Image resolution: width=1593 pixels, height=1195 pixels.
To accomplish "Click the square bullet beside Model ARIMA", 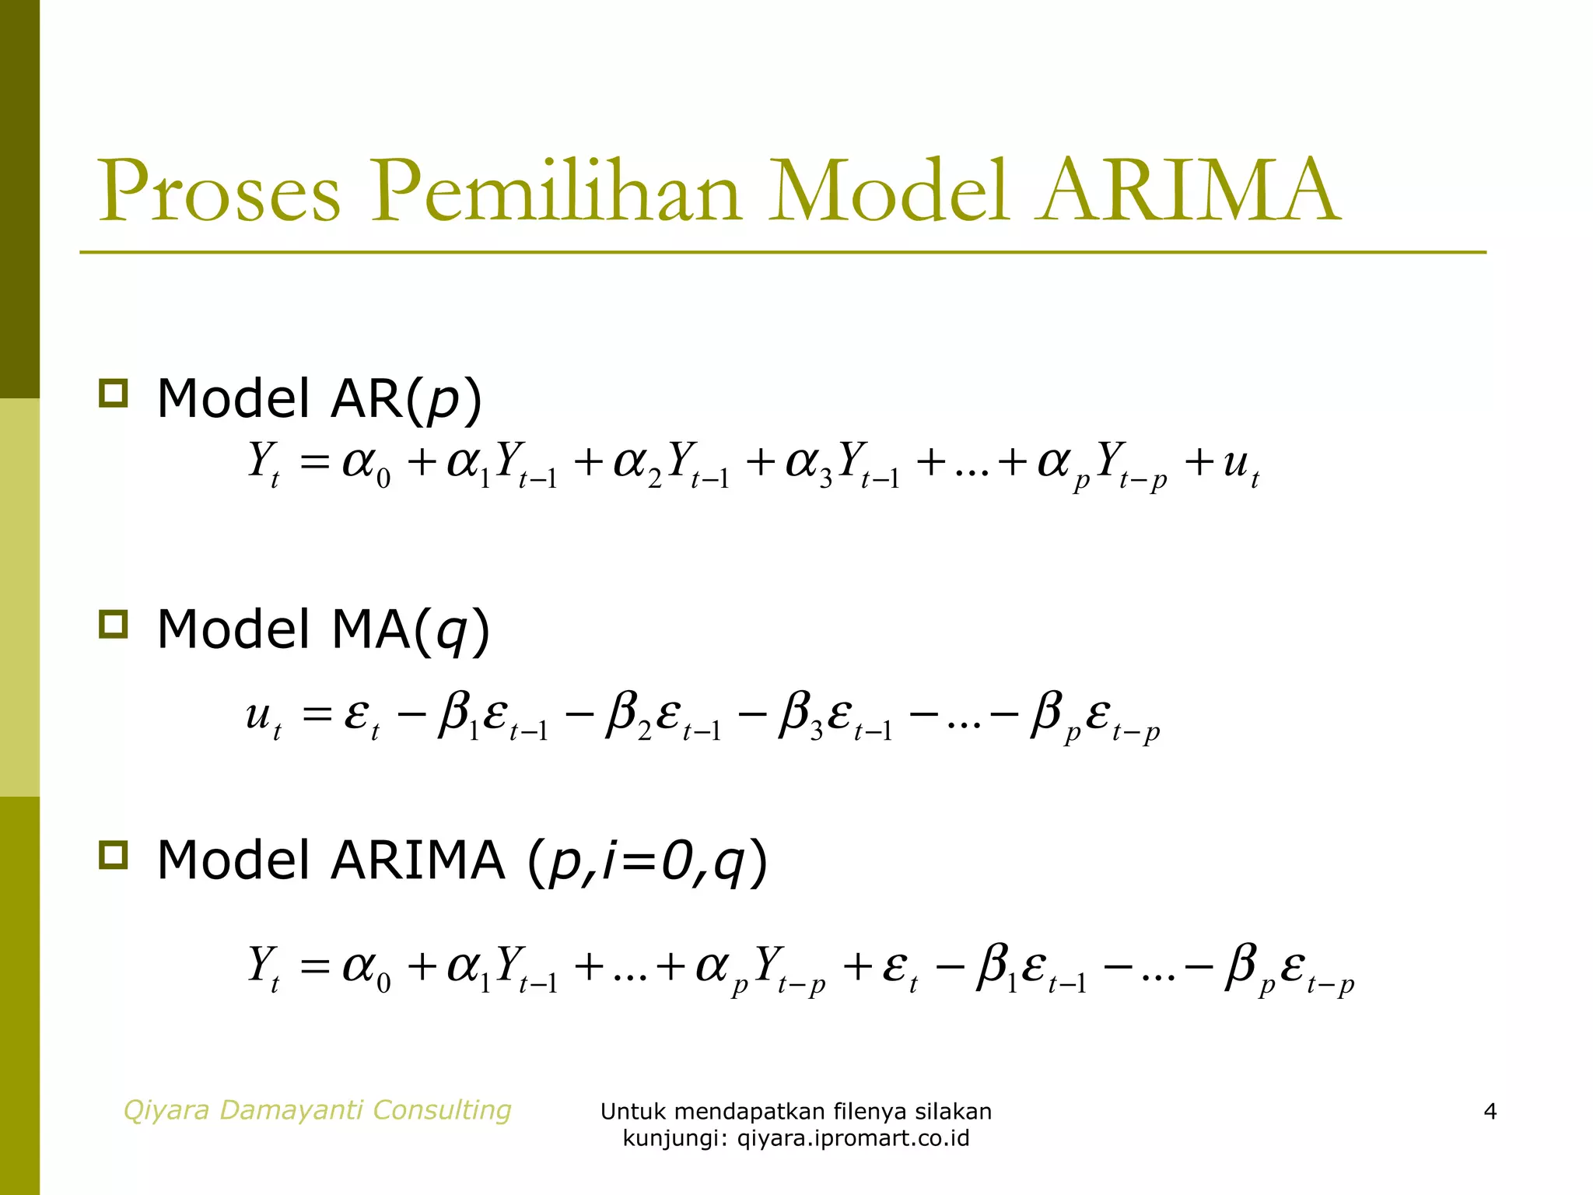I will click(x=114, y=855).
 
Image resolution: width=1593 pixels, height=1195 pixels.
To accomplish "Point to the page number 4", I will click(x=1490, y=1111).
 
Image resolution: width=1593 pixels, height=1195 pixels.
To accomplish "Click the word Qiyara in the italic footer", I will click(x=167, y=1110).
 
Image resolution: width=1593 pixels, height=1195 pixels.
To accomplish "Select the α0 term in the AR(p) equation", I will click(x=366, y=464).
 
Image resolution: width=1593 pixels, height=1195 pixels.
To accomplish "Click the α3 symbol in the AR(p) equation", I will click(x=809, y=464).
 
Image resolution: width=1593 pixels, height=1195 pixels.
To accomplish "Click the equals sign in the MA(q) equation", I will click(x=317, y=713).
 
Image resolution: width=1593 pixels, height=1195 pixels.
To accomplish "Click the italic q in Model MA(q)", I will click(x=450, y=631).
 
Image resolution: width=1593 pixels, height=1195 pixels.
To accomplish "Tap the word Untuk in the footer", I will click(x=632, y=1112).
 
